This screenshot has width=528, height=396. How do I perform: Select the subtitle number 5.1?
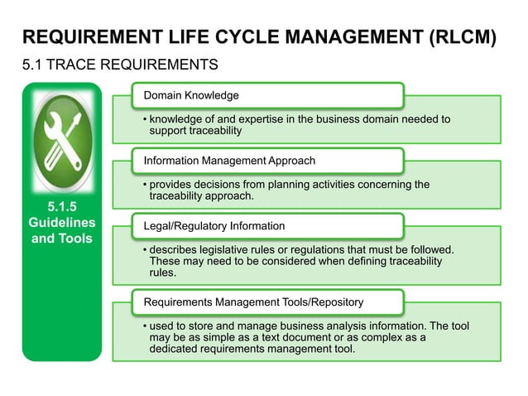click(34, 65)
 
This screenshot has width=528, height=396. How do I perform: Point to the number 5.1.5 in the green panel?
click(62, 207)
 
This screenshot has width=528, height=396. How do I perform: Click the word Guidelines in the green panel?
click(62, 223)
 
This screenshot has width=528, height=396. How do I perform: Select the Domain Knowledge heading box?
click(191, 95)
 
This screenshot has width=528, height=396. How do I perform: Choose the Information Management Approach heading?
click(229, 160)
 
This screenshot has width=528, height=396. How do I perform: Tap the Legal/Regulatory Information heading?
click(214, 225)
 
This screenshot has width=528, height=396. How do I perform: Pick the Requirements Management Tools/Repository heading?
click(253, 302)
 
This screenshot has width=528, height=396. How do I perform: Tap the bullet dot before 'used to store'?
click(144, 326)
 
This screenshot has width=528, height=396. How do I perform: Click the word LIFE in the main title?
click(192, 37)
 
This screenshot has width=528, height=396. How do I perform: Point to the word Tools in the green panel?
click(76, 239)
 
